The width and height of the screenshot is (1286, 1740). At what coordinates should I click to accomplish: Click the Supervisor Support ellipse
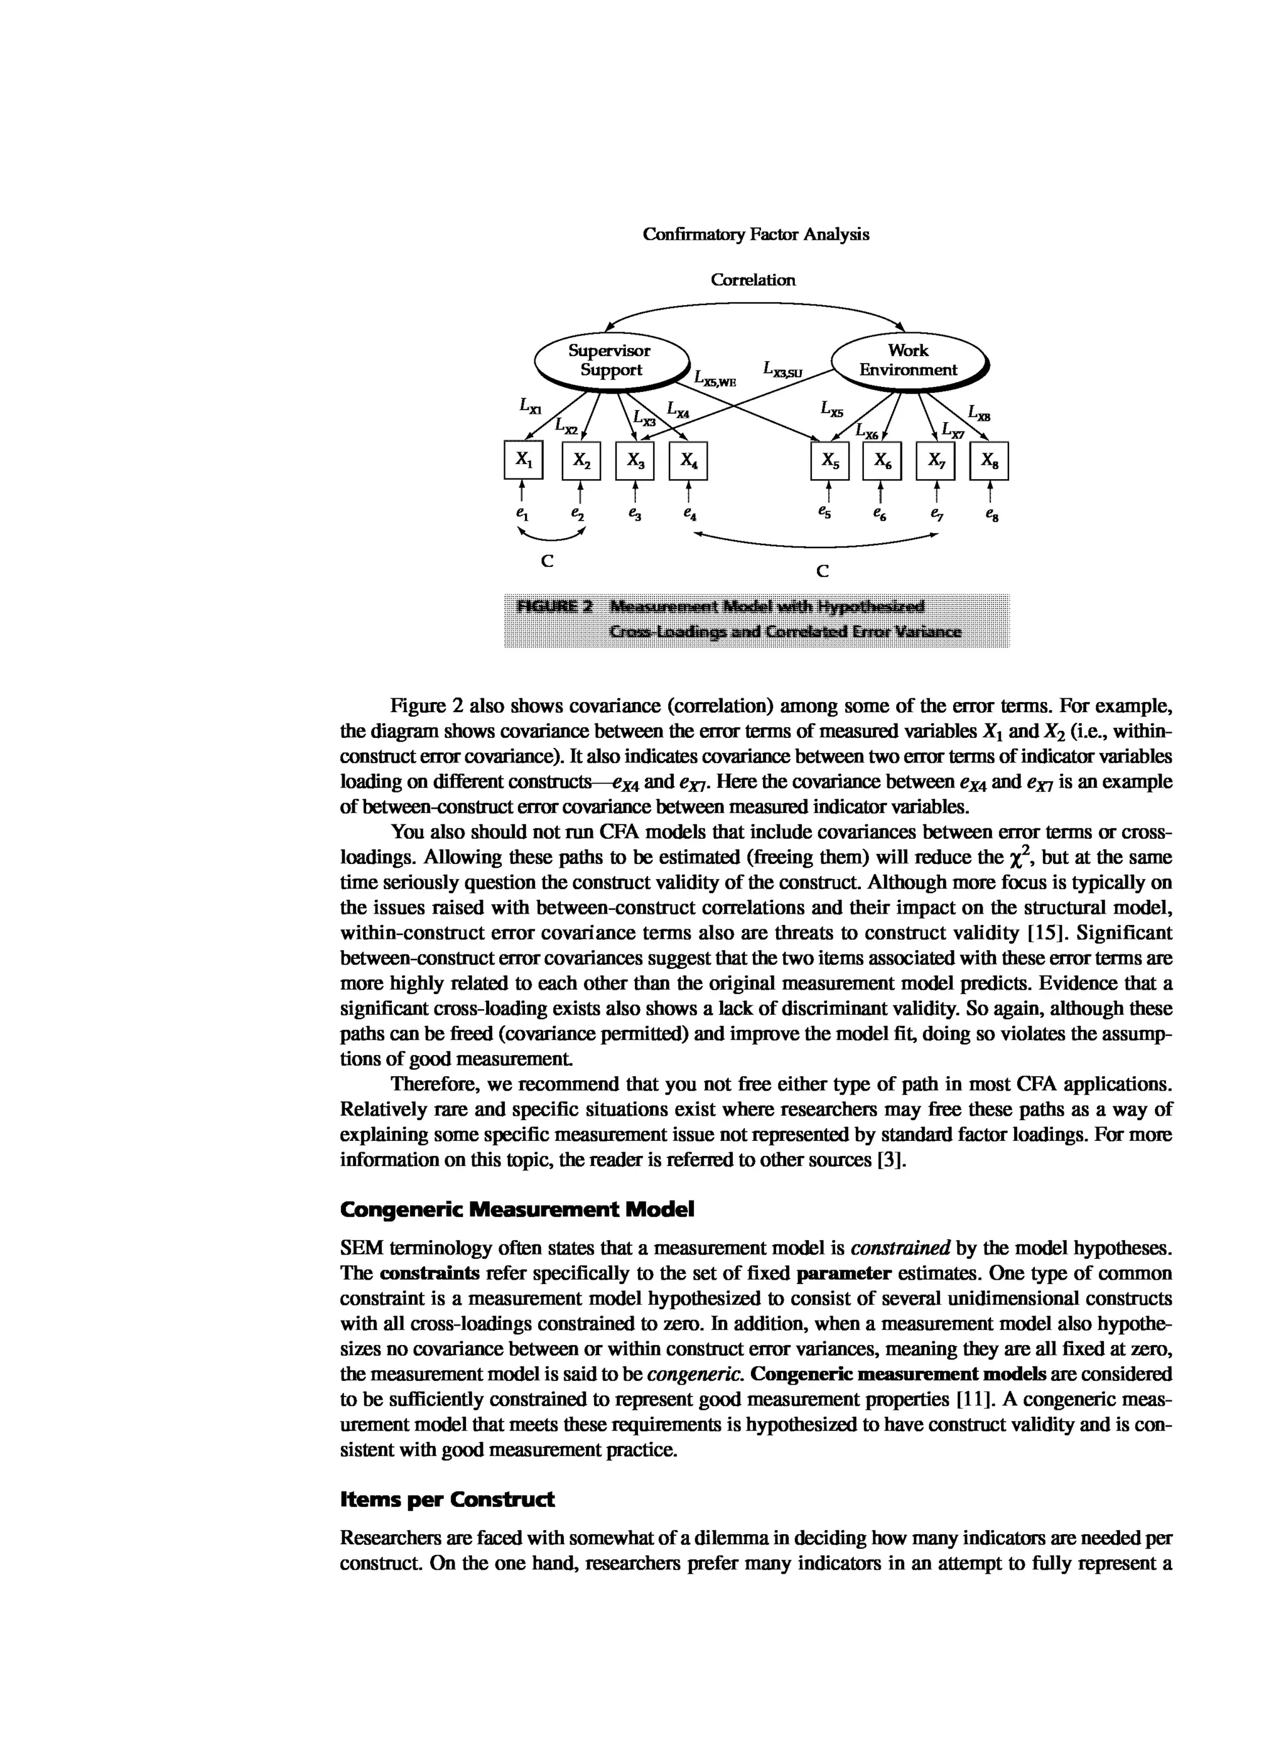point(610,360)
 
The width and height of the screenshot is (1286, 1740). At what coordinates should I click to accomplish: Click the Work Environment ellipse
point(908,360)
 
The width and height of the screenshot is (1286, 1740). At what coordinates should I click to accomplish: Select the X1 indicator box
point(523,461)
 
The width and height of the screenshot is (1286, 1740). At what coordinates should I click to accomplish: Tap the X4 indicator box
point(688,461)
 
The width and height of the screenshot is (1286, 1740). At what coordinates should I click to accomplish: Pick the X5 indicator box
point(830,461)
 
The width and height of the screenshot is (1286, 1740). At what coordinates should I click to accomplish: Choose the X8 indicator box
point(988,461)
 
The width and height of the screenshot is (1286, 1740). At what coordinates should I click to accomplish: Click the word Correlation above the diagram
point(753,280)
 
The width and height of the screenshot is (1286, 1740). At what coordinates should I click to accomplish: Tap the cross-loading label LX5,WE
point(715,379)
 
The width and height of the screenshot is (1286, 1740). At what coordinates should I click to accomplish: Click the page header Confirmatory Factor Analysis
point(755,234)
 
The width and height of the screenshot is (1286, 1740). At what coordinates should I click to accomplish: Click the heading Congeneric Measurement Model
point(517,1209)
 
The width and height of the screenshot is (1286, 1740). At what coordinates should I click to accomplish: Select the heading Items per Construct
point(447,1500)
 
